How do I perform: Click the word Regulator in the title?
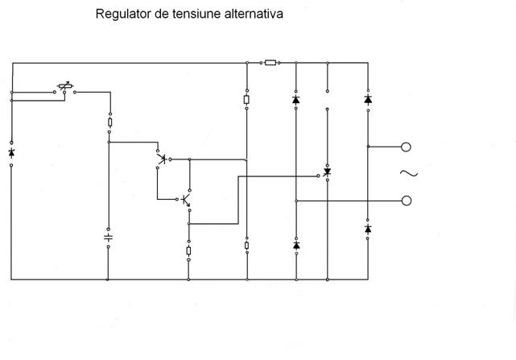click(x=122, y=14)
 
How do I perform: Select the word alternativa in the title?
click(x=254, y=14)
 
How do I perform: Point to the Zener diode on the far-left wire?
click(x=11, y=152)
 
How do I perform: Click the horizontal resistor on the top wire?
click(x=270, y=62)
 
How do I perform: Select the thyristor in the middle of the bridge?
click(x=327, y=172)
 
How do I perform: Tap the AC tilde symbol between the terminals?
click(x=407, y=174)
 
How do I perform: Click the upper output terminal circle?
click(x=407, y=147)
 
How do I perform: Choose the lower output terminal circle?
click(x=407, y=201)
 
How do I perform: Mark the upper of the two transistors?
click(x=163, y=159)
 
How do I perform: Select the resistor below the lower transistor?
click(x=188, y=251)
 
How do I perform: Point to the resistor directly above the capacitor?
click(x=109, y=124)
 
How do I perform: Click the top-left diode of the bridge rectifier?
click(x=295, y=101)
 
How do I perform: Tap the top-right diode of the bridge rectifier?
click(x=368, y=100)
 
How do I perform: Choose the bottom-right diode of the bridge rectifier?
click(x=368, y=229)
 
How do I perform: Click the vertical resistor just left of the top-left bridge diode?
click(x=246, y=100)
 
